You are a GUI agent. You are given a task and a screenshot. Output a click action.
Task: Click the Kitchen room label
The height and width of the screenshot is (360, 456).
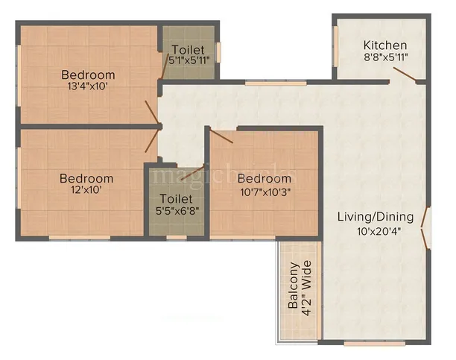pos(385,45)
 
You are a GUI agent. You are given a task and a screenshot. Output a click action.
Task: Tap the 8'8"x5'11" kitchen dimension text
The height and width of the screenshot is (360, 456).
pos(385,57)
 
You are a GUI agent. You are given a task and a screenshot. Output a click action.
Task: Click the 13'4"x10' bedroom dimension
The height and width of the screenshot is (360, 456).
pos(88,86)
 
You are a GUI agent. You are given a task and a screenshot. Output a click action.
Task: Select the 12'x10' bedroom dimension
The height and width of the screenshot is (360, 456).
pos(86,190)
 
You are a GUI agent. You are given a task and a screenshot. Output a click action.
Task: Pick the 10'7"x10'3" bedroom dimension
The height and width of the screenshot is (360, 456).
pos(264,190)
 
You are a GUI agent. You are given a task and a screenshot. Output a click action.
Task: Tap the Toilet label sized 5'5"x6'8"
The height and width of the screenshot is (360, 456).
pos(177,199)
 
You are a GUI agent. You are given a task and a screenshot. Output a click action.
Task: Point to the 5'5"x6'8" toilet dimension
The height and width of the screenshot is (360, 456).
pos(177,210)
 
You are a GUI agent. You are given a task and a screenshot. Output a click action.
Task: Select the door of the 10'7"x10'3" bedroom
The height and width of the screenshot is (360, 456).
pos(222,136)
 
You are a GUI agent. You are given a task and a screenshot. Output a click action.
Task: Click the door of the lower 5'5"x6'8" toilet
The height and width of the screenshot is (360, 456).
pos(192,172)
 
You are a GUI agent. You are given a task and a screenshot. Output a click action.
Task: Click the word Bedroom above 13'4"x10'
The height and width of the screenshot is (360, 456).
pos(88,75)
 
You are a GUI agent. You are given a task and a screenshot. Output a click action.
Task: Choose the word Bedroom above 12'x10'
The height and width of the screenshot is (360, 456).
pos(86,178)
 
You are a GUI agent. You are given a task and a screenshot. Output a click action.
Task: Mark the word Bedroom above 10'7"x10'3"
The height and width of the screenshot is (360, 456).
pos(264,178)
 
